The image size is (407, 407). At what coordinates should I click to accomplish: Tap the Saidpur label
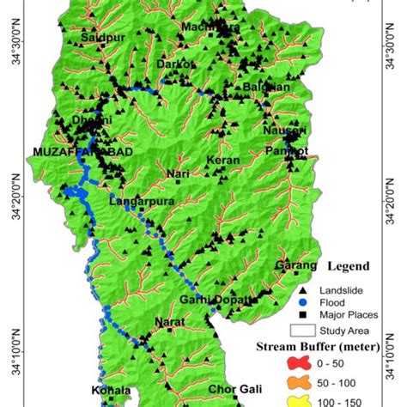coord(98,39)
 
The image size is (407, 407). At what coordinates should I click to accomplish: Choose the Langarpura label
coord(135,202)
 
